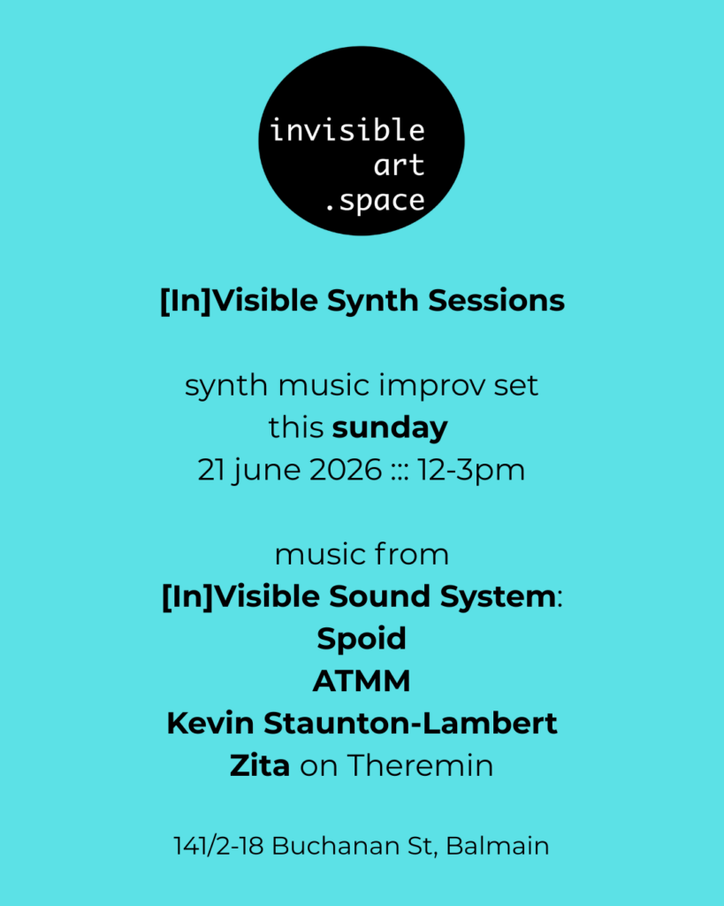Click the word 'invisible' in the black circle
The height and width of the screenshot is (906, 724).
pos(347,130)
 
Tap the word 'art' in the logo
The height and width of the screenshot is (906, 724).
pos(399,165)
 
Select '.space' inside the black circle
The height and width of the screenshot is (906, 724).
pos(376,202)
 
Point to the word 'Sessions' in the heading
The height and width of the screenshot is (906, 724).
pos(497,301)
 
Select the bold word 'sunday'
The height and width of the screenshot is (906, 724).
pos(391,428)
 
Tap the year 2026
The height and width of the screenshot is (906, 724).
pos(346,470)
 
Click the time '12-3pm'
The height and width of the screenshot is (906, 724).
pos(471,471)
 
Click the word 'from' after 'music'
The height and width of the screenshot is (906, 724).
pos(411,554)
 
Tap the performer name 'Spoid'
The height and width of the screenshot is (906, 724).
pos(362,639)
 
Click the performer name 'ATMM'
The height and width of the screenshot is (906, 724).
pos(362,681)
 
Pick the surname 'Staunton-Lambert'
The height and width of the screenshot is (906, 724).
pos(410,724)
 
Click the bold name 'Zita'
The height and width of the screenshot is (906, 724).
pos(260,765)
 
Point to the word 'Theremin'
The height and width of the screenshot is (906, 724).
pos(420,765)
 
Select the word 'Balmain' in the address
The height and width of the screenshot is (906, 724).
pos(497,846)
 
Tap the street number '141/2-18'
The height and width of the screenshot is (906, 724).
pos(219,846)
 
